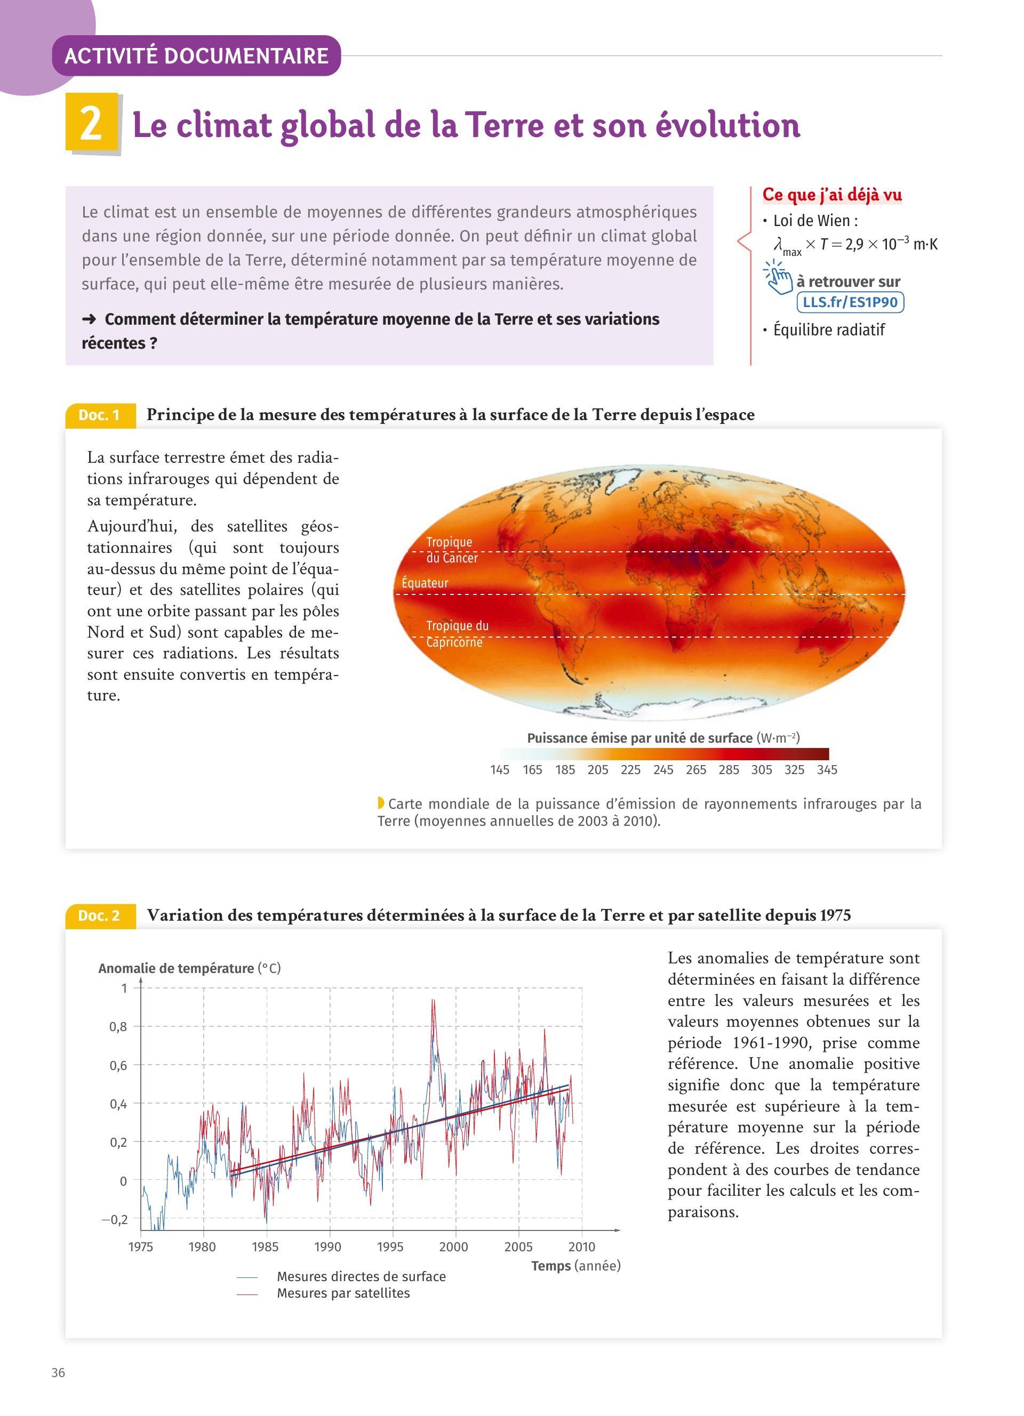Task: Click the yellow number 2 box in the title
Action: (x=92, y=123)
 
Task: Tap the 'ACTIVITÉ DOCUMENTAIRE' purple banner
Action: (x=196, y=56)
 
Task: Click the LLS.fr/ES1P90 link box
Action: (x=850, y=302)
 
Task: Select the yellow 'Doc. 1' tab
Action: (x=100, y=415)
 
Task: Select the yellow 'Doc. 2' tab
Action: (x=100, y=916)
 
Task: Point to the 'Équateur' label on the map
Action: (x=425, y=583)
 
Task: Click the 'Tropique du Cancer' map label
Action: (x=451, y=550)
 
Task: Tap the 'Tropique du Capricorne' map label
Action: (x=457, y=634)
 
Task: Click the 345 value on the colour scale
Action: (x=827, y=770)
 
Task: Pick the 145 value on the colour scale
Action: (x=500, y=770)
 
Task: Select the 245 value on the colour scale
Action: (x=663, y=770)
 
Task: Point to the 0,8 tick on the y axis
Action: (x=118, y=1027)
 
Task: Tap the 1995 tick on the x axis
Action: (x=390, y=1248)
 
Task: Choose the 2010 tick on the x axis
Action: (x=581, y=1248)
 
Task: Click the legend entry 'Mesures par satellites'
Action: (x=343, y=1293)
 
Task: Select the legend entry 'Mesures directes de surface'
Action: (x=361, y=1277)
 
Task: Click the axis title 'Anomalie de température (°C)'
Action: (x=189, y=968)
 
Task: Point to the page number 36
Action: (x=58, y=1373)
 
